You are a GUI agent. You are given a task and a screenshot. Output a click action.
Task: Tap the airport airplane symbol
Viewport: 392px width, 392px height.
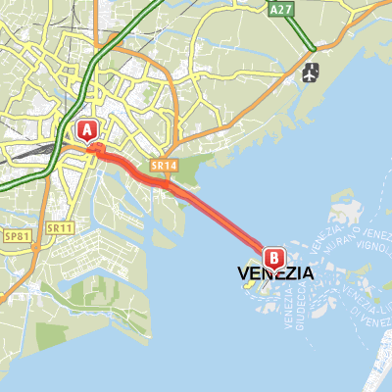pos(313,72)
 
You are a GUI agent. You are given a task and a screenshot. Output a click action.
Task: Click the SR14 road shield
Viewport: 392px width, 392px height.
pos(163,168)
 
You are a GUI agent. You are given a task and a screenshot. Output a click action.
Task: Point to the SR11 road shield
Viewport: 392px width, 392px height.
pos(60,227)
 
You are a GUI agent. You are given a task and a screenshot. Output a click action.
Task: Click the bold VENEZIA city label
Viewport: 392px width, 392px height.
pos(276,275)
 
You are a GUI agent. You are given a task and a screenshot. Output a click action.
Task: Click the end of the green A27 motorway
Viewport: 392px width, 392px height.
pos(312,49)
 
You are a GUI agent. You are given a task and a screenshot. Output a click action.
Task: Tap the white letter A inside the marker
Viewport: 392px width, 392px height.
pos(86,128)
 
